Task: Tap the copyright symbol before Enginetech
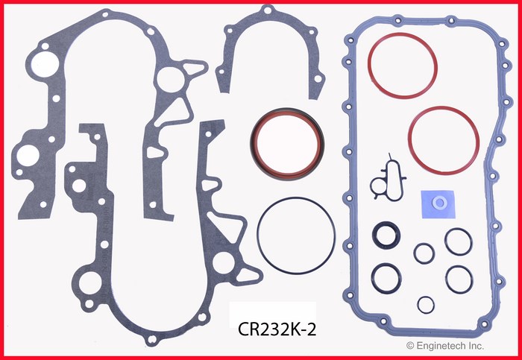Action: [409, 345]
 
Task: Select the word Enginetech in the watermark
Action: [441, 345]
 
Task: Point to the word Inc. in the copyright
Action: [476, 345]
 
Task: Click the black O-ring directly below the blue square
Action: [456, 240]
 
